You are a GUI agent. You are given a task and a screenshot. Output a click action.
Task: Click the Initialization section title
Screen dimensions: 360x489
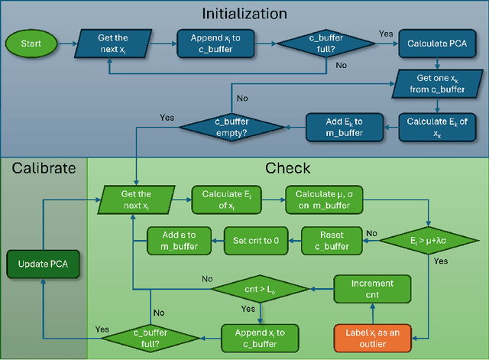(244, 13)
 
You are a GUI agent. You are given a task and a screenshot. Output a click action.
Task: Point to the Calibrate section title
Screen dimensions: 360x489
(44, 167)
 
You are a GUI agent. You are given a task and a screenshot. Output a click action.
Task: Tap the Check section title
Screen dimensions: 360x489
(287, 167)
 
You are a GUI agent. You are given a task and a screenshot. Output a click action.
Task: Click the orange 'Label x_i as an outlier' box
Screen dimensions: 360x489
(372, 337)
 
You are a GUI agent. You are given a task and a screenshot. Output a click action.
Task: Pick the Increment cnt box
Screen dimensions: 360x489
(372, 288)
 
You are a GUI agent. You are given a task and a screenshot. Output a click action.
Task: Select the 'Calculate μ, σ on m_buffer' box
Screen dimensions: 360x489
(325, 200)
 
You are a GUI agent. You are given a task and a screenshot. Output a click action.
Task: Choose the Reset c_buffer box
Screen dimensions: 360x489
(331, 240)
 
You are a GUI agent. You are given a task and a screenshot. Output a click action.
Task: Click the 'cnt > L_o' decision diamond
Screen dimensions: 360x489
(260, 289)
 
